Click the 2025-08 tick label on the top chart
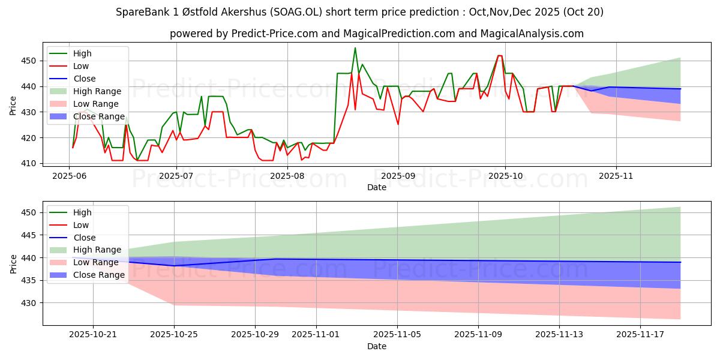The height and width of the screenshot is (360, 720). click(287, 176)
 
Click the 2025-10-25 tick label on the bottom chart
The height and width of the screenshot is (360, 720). click(174, 334)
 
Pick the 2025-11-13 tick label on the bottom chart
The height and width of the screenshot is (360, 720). click(559, 334)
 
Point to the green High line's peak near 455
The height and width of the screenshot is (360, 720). click(355, 48)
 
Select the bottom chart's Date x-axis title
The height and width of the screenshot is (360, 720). click(376, 346)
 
